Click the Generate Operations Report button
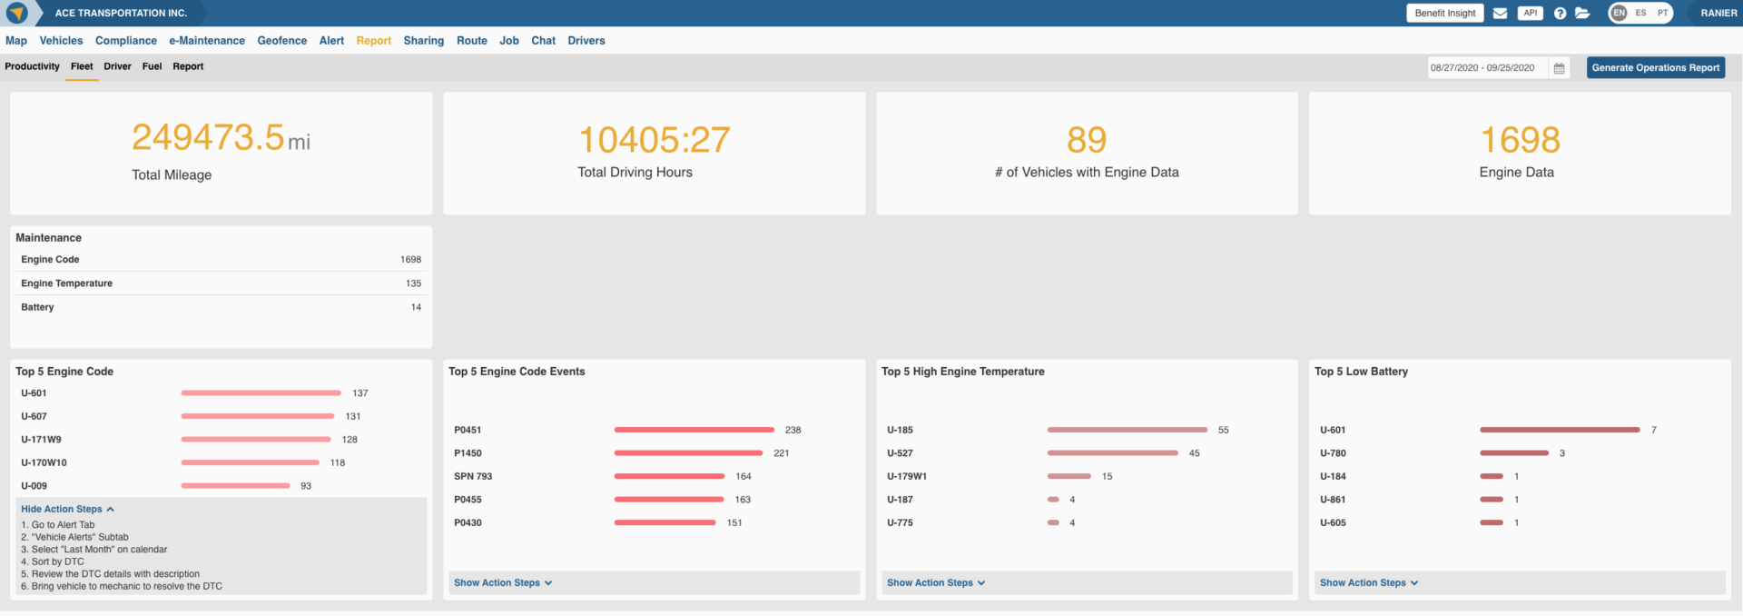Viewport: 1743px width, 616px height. coord(1655,67)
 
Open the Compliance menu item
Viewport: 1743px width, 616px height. coord(126,41)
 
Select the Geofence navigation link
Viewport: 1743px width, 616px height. coord(281,41)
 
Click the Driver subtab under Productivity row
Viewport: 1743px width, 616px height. coord(117,66)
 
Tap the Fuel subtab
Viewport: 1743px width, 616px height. coord(152,66)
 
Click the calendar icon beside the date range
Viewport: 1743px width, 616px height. coord(1559,68)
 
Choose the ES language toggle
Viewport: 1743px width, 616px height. coord(1640,13)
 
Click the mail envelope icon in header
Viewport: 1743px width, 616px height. coord(1500,14)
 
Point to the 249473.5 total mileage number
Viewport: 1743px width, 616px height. coord(208,138)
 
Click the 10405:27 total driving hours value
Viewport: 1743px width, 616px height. coord(654,140)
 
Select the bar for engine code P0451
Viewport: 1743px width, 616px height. coord(694,430)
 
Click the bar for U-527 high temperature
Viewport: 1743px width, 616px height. coord(1112,452)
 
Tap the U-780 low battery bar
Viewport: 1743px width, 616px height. coord(1513,452)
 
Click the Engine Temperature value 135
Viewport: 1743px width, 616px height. coord(413,283)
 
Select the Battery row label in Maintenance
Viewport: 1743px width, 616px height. coord(37,307)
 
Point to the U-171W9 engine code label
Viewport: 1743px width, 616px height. coord(41,440)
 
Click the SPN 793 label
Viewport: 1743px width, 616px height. coord(473,476)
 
